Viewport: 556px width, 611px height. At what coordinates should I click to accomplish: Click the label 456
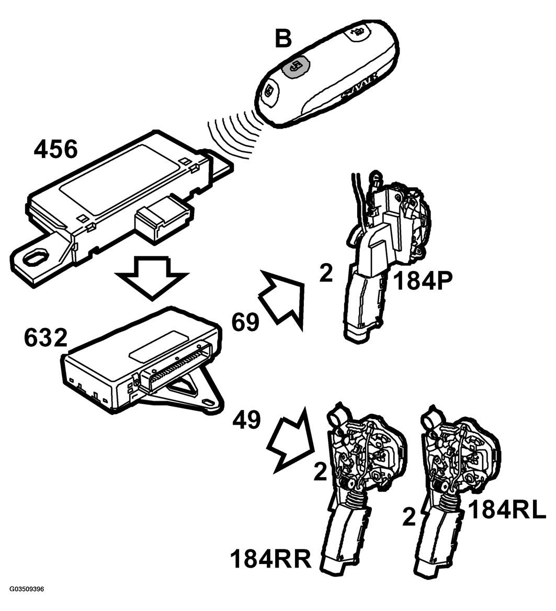point(55,149)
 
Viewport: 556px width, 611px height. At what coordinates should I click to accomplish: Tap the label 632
point(45,337)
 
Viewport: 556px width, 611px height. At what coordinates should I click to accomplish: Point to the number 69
point(245,322)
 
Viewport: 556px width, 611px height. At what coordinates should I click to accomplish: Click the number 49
point(247,420)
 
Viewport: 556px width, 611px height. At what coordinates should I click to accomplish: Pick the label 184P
point(423,280)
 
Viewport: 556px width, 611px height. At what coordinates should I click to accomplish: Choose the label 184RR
point(271,559)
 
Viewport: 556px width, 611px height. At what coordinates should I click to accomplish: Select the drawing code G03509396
point(27,599)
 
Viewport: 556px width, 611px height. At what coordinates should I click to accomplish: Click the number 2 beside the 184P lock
point(326,274)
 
